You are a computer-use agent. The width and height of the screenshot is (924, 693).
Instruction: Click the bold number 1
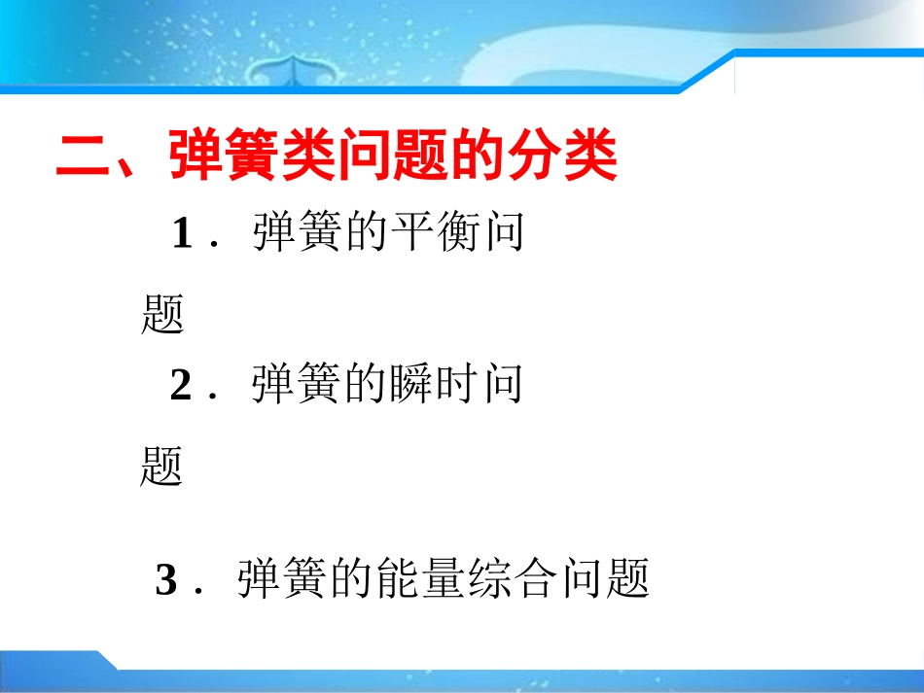183,234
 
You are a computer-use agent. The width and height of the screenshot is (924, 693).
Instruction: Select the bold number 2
181,386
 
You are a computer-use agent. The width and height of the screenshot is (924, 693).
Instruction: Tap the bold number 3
166,581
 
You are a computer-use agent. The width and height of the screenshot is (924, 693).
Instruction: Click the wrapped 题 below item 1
162,314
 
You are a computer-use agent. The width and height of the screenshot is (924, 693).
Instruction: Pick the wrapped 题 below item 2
161,467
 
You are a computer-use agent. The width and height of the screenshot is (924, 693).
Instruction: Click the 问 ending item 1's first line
504,233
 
